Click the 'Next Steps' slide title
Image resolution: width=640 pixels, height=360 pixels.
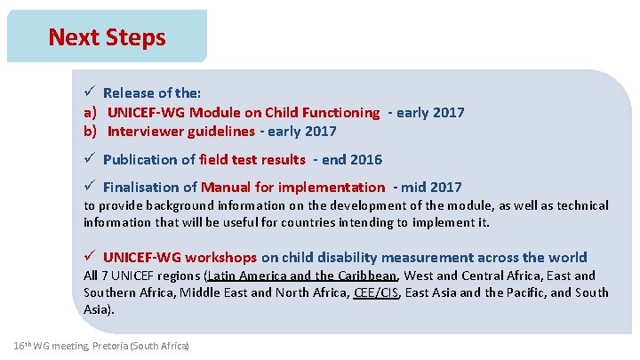point(107,37)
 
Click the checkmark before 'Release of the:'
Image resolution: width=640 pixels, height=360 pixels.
point(90,92)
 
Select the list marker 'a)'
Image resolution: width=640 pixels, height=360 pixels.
point(91,112)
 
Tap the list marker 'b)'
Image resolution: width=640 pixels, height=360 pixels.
point(91,131)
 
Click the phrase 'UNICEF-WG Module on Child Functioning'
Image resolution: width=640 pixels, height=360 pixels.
point(244,112)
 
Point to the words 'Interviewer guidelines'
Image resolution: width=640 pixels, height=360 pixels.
point(180,131)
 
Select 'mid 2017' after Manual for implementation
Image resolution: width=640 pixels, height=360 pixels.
point(432,187)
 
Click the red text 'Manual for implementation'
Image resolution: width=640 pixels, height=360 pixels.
point(292,187)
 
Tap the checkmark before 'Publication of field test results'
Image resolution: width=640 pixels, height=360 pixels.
point(90,159)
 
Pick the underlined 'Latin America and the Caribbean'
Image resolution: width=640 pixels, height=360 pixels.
point(302,276)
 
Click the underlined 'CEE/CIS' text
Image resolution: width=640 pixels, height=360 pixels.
point(376,292)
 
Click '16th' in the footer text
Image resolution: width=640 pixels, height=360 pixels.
point(25,344)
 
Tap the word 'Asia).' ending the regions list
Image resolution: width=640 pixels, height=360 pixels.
point(99,309)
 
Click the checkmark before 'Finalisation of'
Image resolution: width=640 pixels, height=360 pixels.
point(90,187)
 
